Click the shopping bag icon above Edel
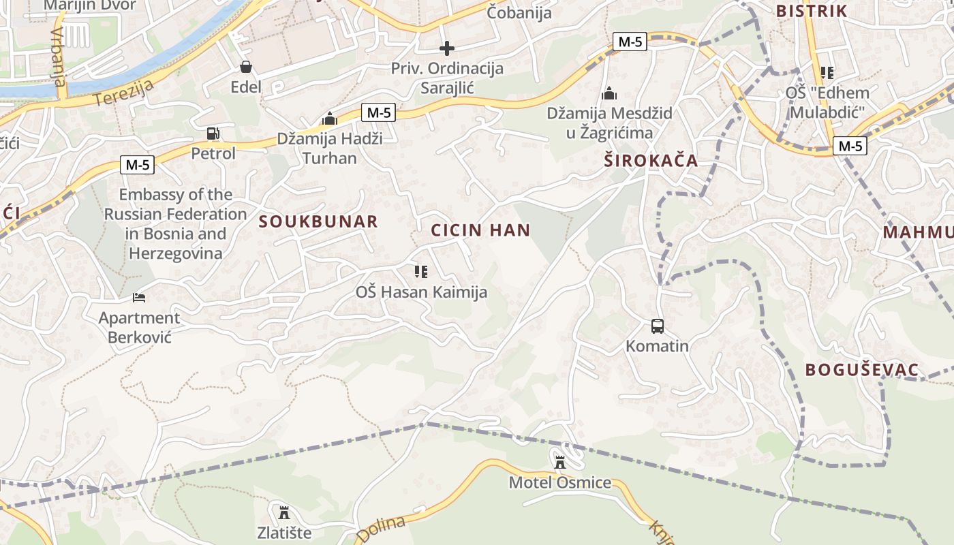pos(246,67)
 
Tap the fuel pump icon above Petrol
pos(213,134)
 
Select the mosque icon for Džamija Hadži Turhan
pos(330,119)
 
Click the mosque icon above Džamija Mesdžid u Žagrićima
pos(609,93)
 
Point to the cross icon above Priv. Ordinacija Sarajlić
pos(447,48)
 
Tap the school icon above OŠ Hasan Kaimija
pos(421,272)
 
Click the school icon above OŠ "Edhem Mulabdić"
pos(827,73)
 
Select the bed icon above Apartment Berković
pos(139,298)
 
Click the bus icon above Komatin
pos(658,326)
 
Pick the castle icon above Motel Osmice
pos(560,463)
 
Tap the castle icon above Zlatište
pos(284,512)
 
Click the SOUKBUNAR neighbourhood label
pos(318,221)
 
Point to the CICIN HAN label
pos(480,230)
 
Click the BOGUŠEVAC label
pos(862,370)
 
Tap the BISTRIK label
pos(812,11)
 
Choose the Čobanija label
pos(519,12)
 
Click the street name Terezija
pos(125,89)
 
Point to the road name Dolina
pos(381,529)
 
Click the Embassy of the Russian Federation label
pos(175,224)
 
